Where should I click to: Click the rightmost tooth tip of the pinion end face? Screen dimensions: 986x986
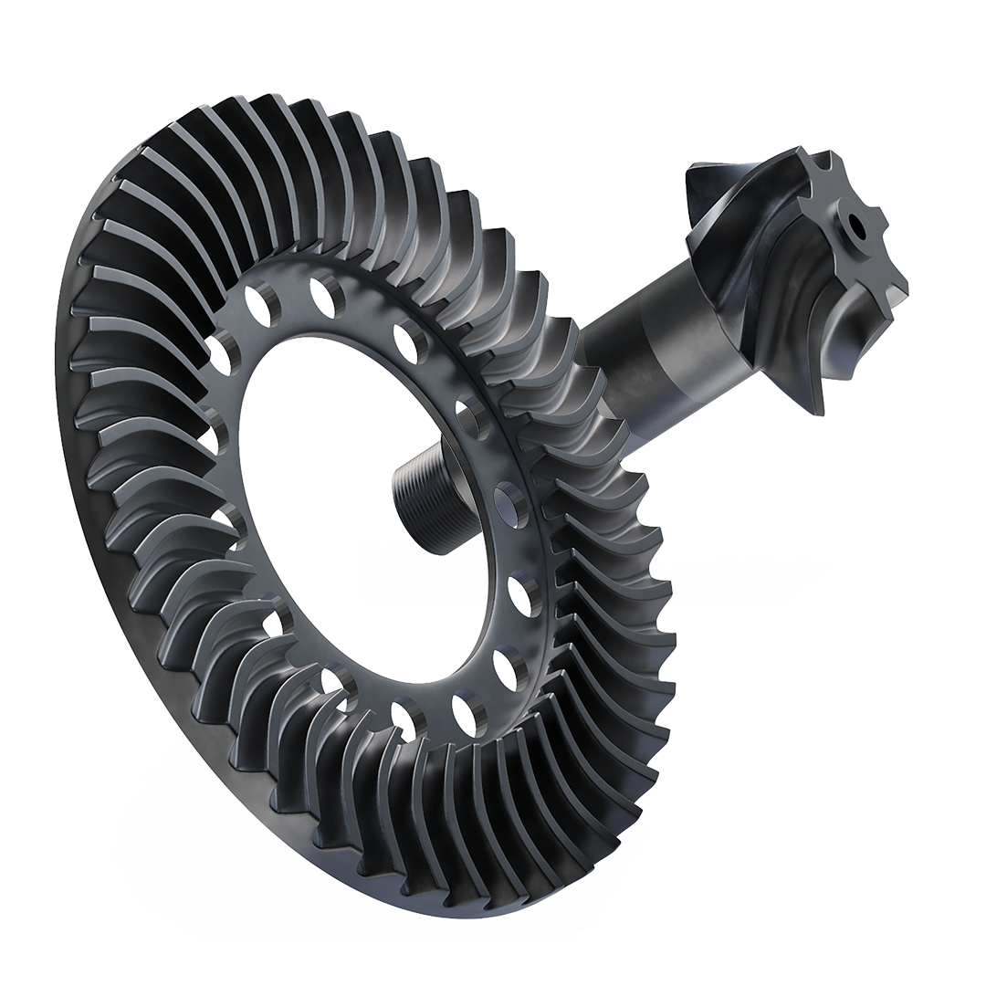904,283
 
